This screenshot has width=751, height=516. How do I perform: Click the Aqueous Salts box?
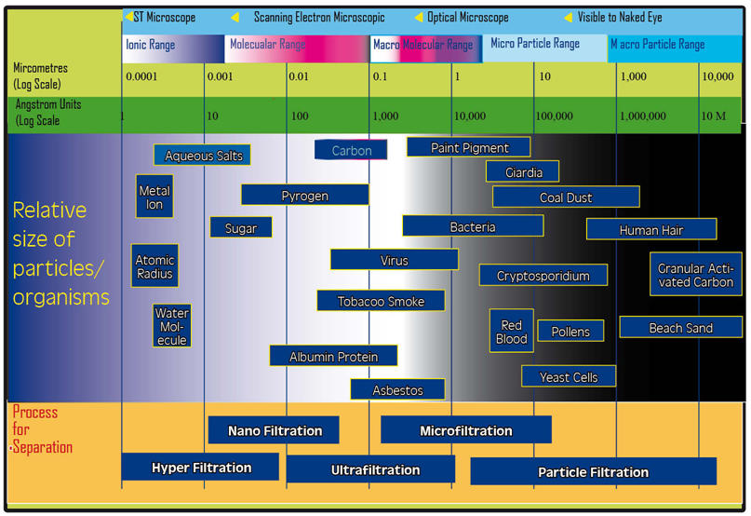(203, 156)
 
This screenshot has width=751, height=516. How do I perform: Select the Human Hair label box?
(651, 229)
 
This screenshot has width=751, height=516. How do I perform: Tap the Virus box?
(394, 260)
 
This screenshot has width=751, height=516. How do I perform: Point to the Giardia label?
(522, 172)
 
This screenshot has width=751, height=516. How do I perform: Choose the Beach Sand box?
(680, 328)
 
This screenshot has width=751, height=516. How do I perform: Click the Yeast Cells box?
(569, 377)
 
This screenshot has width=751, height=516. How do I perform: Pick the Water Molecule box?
(172, 327)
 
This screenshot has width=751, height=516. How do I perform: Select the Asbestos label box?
(397, 390)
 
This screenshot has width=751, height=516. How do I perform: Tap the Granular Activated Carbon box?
(695, 275)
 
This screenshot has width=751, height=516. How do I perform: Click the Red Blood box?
(512, 332)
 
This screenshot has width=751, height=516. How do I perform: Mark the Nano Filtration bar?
(275, 430)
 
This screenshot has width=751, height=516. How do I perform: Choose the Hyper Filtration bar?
(201, 468)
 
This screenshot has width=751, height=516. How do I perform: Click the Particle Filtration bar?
(593, 472)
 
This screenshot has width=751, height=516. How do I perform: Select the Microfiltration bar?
(465, 430)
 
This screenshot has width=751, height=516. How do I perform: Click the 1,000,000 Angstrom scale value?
(643, 116)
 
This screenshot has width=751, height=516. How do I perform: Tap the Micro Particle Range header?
(535, 44)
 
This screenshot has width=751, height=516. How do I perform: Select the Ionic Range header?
(150, 45)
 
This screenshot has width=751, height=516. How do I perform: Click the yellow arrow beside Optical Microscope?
(419, 18)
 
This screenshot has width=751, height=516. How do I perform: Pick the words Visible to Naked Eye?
(621, 18)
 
